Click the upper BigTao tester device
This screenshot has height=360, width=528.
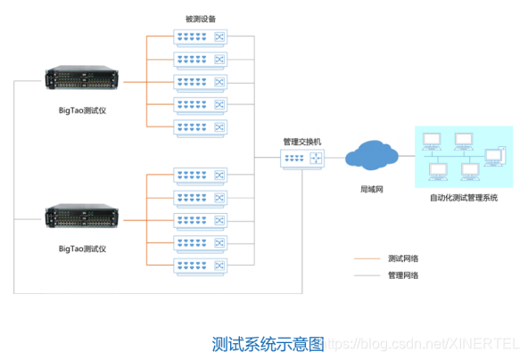[83, 83]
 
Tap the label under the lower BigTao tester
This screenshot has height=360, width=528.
[83, 248]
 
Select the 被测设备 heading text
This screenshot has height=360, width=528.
[200, 18]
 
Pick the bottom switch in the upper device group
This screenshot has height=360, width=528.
[200, 126]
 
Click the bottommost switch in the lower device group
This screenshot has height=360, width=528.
[200, 264]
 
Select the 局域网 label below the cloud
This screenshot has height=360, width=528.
[371, 190]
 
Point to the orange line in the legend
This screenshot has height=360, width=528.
[367, 259]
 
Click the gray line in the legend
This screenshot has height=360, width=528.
[367, 275]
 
